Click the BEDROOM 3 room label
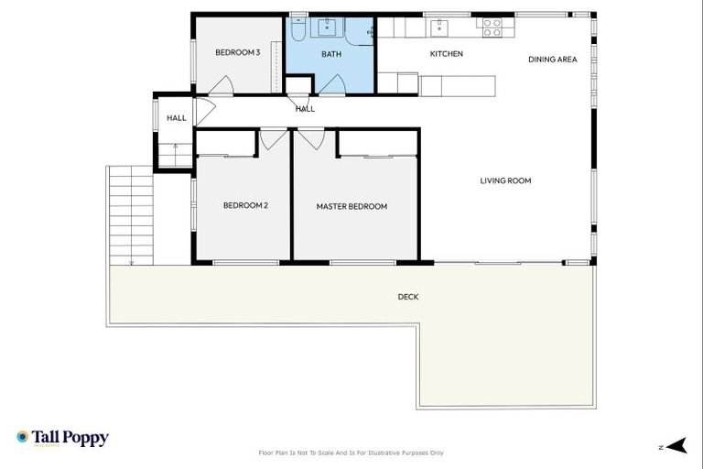[238, 53]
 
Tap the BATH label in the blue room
[330, 54]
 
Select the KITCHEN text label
[447, 54]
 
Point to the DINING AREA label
[553, 60]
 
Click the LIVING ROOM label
[505, 181]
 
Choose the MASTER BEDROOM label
[351, 207]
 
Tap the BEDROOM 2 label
[245, 206]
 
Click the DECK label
[408, 297]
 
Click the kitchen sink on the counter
[439, 27]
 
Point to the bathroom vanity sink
[327, 27]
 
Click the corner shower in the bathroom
[360, 31]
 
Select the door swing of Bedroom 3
[221, 86]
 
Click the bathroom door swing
[331, 86]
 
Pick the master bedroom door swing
[311, 139]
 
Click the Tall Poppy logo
[62, 438]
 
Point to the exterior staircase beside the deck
[131, 215]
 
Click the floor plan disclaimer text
[351, 453]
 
